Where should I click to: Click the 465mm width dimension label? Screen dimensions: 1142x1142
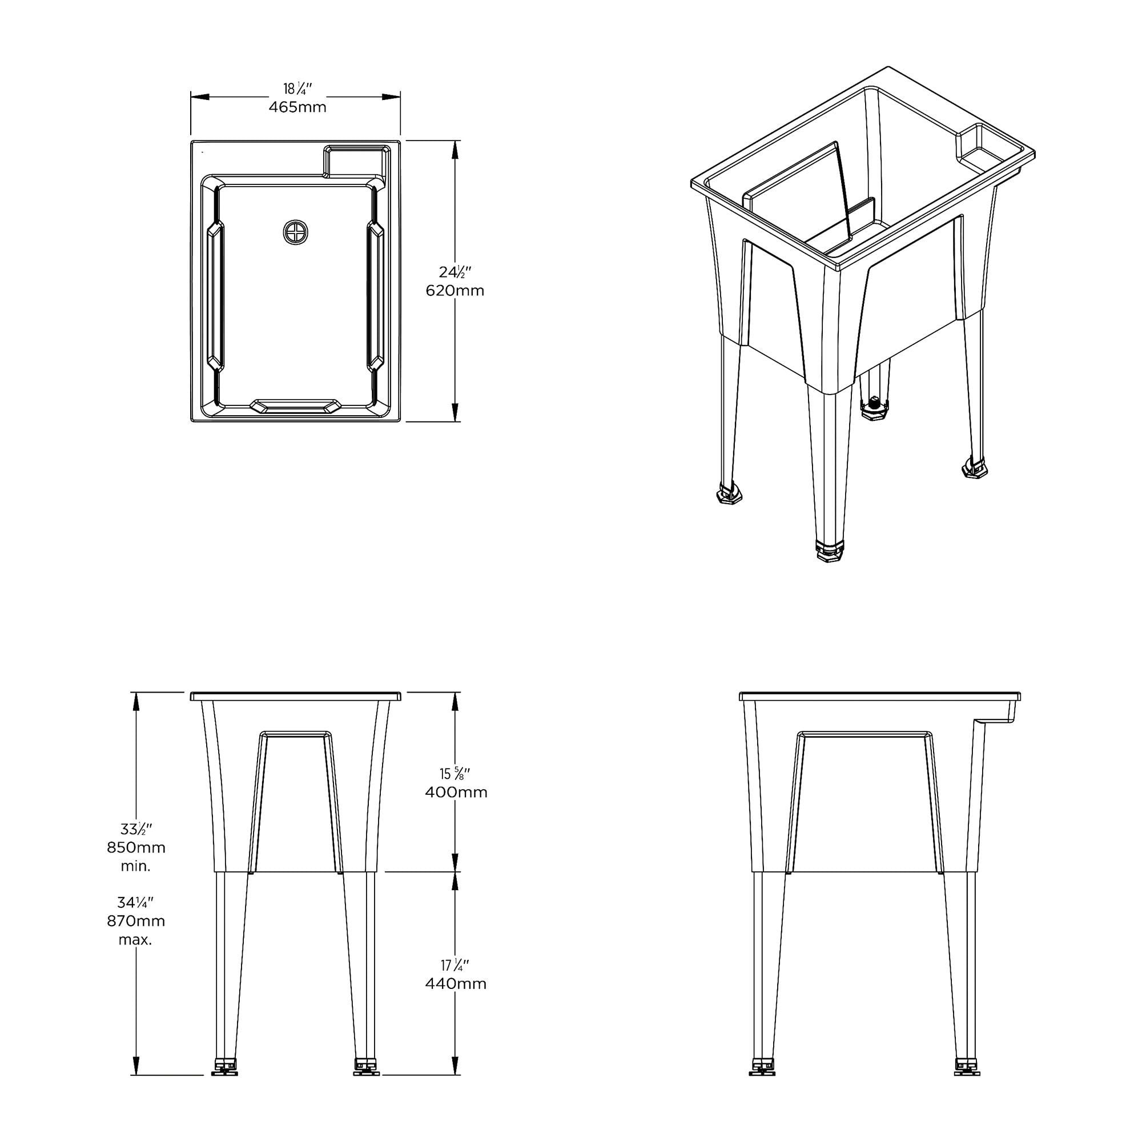pos(297,107)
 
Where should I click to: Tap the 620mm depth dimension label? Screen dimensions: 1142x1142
pos(455,290)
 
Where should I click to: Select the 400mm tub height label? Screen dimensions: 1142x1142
pos(456,792)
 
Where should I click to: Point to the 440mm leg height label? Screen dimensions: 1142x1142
pos(456,984)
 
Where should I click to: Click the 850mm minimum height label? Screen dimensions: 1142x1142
pos(136,847)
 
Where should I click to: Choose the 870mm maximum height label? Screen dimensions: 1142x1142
pos(136,921)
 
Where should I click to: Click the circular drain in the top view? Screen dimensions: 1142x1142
pos(296,232)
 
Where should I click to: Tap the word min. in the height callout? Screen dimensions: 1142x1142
pos(136,866)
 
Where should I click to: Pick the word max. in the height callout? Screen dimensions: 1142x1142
pos(135,940)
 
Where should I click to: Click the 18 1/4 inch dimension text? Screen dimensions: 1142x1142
pos(297,89)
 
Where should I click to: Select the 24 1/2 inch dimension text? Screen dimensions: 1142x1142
pos(455,272)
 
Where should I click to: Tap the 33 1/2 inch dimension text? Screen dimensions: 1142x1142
pos(136,829)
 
